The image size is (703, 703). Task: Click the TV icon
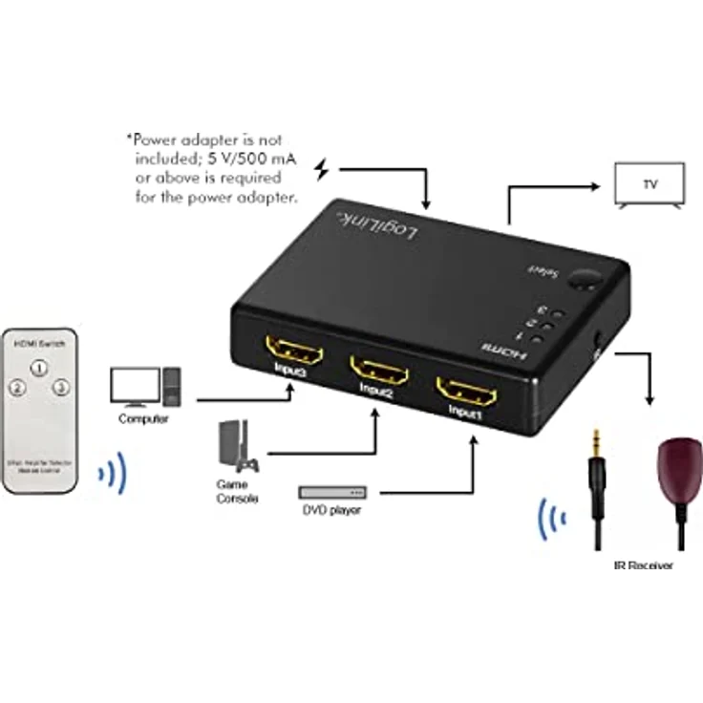click(649, 184)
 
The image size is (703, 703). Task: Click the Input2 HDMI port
click(379, 369)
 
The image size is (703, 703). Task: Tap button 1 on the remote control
click(39, 367)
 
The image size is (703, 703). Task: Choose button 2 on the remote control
click(17, 388)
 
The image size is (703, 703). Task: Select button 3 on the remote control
click(60, 388)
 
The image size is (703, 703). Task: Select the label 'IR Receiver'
click(643, 565)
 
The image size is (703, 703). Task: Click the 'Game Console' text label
click(235, 491)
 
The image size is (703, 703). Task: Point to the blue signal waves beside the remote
click(114, 474)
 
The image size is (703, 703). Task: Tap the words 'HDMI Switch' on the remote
click(39, 342)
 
